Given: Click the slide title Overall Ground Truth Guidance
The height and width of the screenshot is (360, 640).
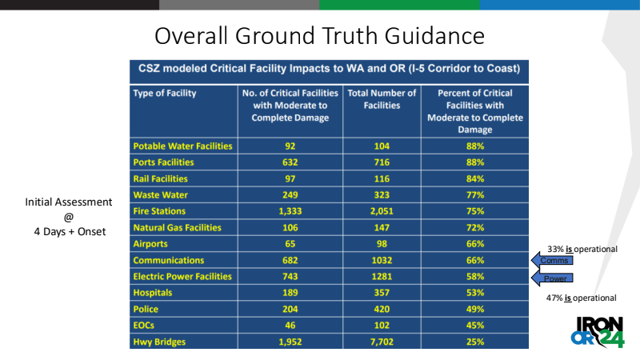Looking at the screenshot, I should [x=319, y=36].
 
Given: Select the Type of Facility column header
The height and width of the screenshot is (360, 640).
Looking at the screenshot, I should [x=165, y=93].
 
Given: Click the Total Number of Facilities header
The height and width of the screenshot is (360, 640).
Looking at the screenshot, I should [x=382, y=99].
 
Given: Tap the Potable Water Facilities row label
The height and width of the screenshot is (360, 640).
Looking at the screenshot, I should [x=182, y=146].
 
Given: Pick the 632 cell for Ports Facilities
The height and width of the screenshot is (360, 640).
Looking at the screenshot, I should [x=290, y=162].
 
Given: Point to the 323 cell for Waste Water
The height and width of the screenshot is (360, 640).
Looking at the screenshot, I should [x=382, y=195].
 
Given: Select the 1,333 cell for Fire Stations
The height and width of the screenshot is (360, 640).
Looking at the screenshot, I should [x=290, y=211].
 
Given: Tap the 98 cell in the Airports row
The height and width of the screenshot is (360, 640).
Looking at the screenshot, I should [x=382, y=244].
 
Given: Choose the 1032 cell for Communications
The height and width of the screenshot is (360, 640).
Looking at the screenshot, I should [x=382, y=260].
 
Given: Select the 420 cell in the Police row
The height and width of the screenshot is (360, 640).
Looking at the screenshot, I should [x=382, y=309].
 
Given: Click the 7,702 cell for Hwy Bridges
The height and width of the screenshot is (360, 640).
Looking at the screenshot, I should [x=382, y=342].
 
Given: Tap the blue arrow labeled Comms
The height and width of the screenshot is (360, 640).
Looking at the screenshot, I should [x=552, y=260].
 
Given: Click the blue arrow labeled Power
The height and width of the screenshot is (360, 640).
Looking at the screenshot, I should [x=552, y=278].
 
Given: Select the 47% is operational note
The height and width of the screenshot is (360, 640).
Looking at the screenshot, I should [x=582, y=298].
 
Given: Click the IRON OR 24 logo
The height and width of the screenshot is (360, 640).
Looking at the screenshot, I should [x=598, y=330].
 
